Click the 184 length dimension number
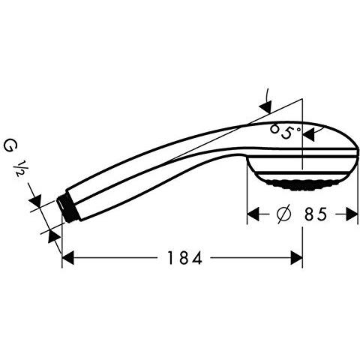tap(184, 258)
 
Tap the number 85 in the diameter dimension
tap(316, 214)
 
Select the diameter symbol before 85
tap(284, 214)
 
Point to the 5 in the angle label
tap(286, 133)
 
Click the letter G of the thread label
tap(10, 146)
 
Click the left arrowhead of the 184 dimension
tap(68, 258)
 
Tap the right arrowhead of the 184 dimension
tap(297, 258)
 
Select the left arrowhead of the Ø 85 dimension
tap(253, 214)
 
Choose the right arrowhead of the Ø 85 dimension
tap(352, 214)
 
